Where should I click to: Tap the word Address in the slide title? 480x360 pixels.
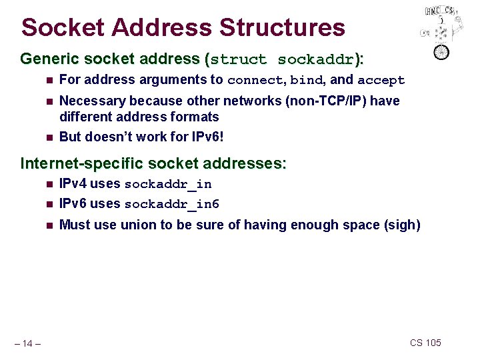(x=159, y=27)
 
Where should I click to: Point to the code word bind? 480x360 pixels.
(x=307, y=81)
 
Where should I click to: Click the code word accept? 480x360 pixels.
(x=381, y=81)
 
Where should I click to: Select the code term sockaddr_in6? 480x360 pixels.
(x=172, y=204)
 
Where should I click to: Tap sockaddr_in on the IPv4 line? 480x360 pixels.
(x=168, y=184)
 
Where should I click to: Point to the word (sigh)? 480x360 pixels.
(x=402, y=225)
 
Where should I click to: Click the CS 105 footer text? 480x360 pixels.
(x=425, y=343)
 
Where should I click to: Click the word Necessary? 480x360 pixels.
(x=91, y=101)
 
